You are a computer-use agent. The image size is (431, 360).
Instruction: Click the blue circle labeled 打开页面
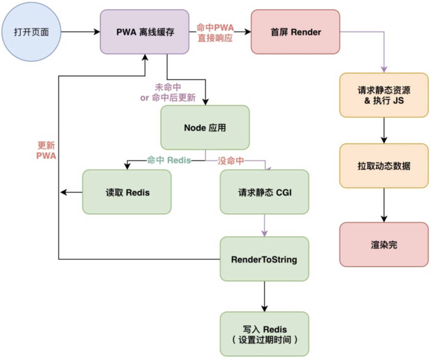click(x=31, y=32)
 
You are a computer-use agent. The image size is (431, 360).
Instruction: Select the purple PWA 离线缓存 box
click(x=144, y=32)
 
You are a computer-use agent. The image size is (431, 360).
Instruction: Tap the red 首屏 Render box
click(x=295, y=32)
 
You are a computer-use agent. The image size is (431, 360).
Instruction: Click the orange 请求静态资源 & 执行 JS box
click(x=384, y=95)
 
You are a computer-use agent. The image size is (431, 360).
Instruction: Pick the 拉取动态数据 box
click(x=384, y=166)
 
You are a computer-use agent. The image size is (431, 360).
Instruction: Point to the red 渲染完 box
click(x=384, y=245)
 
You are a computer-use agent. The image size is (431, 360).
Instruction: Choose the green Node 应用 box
click(x=205, y=128)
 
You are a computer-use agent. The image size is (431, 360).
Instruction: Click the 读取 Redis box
click(x=127, y=192)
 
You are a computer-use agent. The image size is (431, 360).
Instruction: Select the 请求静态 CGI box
click(x=264, y=192)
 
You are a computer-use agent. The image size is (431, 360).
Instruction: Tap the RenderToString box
click(x=264, y=259)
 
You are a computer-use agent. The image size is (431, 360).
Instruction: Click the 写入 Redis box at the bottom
click(x=264, y=334)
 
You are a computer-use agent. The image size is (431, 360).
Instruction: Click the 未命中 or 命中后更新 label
click(x=168, y=93)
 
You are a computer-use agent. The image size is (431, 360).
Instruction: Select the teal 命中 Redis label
click(x=169, y=161)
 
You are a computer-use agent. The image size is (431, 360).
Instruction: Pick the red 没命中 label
click(x=231, y=161)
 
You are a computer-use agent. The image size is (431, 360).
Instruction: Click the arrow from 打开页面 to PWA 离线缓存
click(x=80, y=32)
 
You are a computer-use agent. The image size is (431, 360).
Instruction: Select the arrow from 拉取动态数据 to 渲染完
click(x=384, y=205)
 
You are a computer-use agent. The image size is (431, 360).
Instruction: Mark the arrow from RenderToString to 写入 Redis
click(x=264, y=297)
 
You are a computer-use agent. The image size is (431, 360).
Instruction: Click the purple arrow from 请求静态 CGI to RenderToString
click(x=264, y=225)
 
